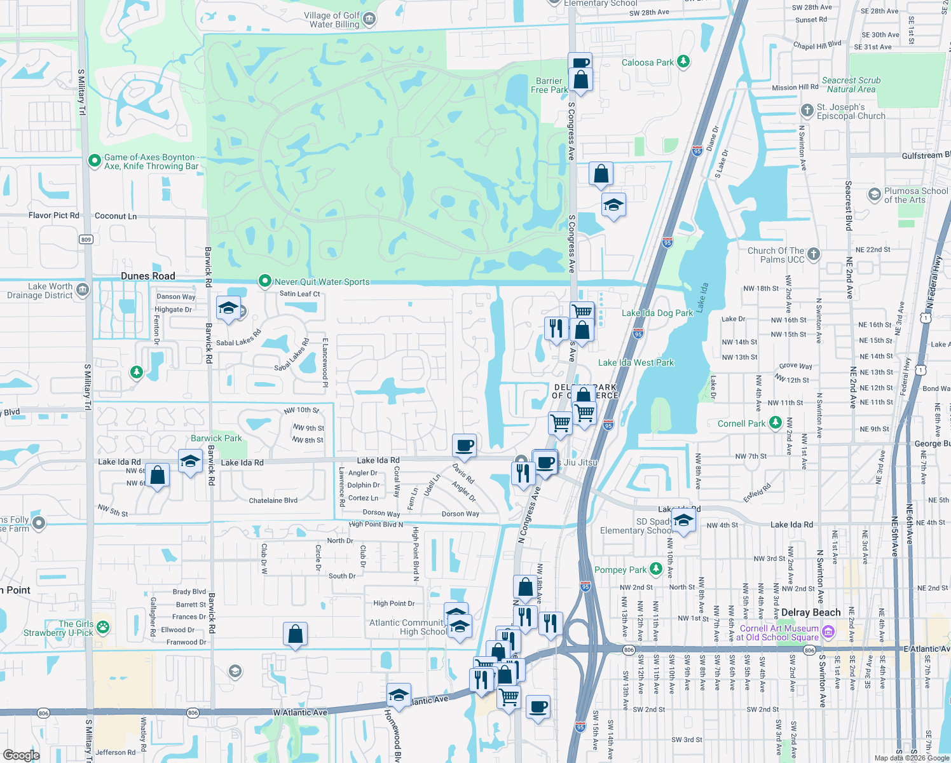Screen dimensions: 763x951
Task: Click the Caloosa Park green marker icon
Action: click(x=683, y=62)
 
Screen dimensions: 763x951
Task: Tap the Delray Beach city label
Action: click(x=811, y=612)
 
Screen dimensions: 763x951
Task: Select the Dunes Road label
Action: click(x=147, y=276)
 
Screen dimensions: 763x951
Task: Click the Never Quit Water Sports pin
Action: click(x=265, y=281)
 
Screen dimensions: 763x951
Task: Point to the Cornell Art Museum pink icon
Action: click(x=828, y=632)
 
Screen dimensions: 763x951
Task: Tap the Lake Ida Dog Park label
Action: click(x=657, y=313)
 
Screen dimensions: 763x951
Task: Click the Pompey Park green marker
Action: click(x=656, y=570)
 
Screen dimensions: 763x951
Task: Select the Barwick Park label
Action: click(x=216, y=438)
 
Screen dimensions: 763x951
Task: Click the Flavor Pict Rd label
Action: click(x=54, y=216)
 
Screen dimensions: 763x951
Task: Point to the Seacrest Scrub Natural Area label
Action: click(x=851, y=85)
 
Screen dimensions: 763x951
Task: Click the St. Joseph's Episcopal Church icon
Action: click(x=807, y=111)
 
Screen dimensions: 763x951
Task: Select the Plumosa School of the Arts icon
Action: click(x=875, y=194)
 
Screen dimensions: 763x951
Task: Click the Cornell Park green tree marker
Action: click(x=775, y=423)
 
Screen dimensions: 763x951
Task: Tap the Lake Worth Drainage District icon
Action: click(x=83, y=291)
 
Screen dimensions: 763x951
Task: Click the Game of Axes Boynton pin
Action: click(x=95, y=161)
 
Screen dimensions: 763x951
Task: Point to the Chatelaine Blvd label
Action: click(x=273, y=500)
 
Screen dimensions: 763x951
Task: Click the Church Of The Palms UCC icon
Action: click(x=814, y=254)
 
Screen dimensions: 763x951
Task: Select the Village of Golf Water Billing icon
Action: click(x=369, y=20)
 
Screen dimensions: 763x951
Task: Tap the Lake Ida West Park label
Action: click(x=636, y=362)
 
